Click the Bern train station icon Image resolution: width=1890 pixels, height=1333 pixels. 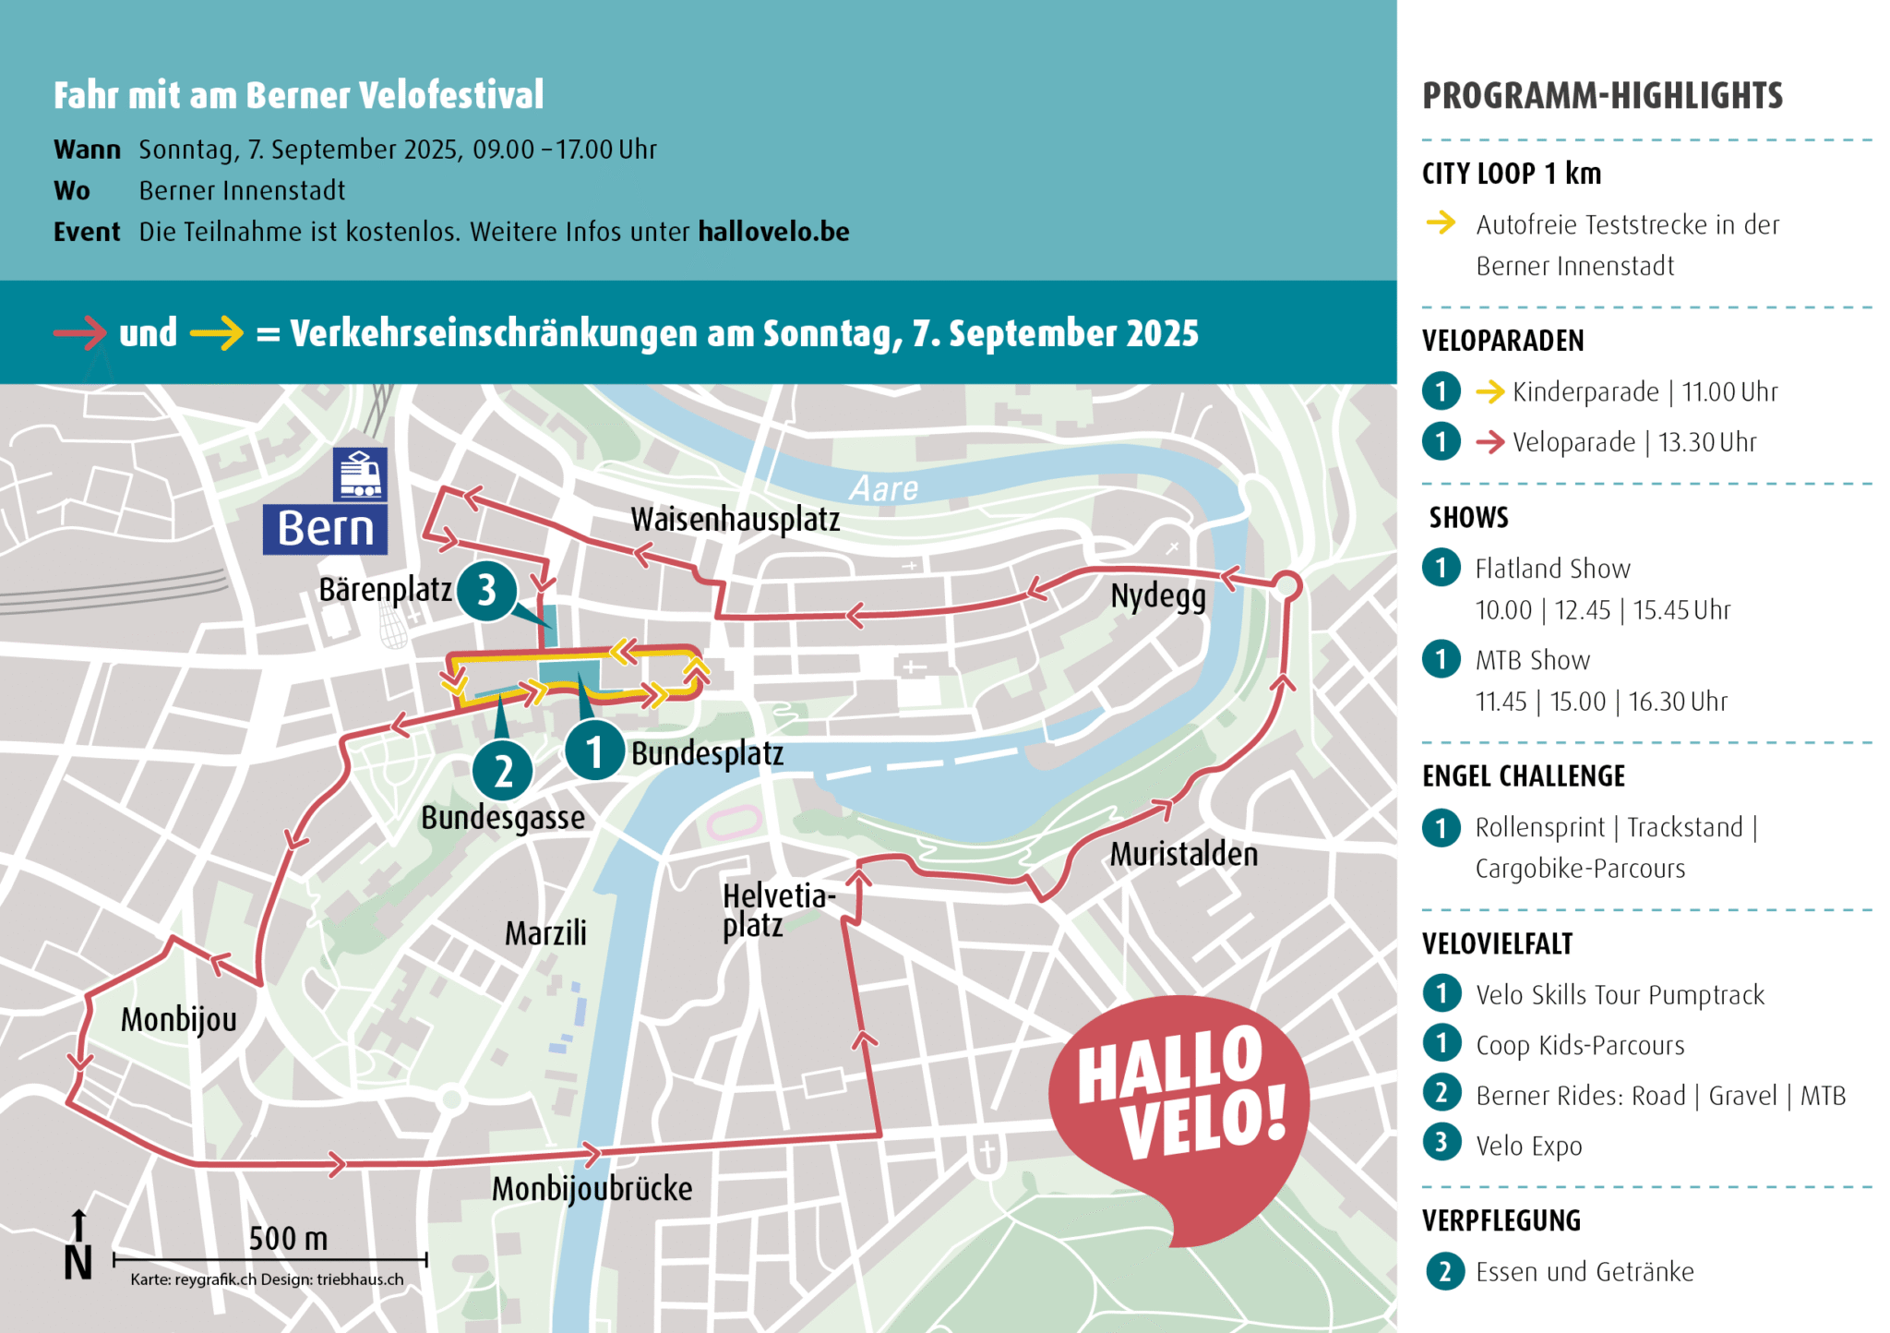point(360,474)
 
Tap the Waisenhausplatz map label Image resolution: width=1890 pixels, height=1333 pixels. point(735,520)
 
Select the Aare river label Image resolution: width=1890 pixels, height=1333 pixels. point(883,488)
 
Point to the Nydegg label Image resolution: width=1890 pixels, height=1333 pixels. point(1157,596)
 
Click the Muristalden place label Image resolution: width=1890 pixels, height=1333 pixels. point(1183,855)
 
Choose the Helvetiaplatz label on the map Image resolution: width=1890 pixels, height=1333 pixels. point(777,910)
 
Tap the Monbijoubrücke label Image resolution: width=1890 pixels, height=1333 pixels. point(592,1189)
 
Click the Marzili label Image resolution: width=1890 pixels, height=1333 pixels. point(545,933)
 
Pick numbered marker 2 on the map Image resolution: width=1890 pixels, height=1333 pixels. point(503,771)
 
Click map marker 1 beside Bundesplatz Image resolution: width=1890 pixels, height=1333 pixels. point(594,751)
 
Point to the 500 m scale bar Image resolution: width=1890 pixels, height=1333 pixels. point(269,1258)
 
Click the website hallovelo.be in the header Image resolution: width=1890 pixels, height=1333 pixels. point(773,232)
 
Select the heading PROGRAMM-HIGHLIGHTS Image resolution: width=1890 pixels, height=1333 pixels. point(1602,96)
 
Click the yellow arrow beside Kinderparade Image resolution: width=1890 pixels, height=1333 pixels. point(1489,392)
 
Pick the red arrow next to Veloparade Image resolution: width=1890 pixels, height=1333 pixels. point(1489,443)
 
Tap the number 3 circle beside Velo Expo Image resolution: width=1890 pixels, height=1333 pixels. point(1441,1143)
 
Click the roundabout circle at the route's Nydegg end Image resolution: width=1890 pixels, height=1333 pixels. point(1287,585)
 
